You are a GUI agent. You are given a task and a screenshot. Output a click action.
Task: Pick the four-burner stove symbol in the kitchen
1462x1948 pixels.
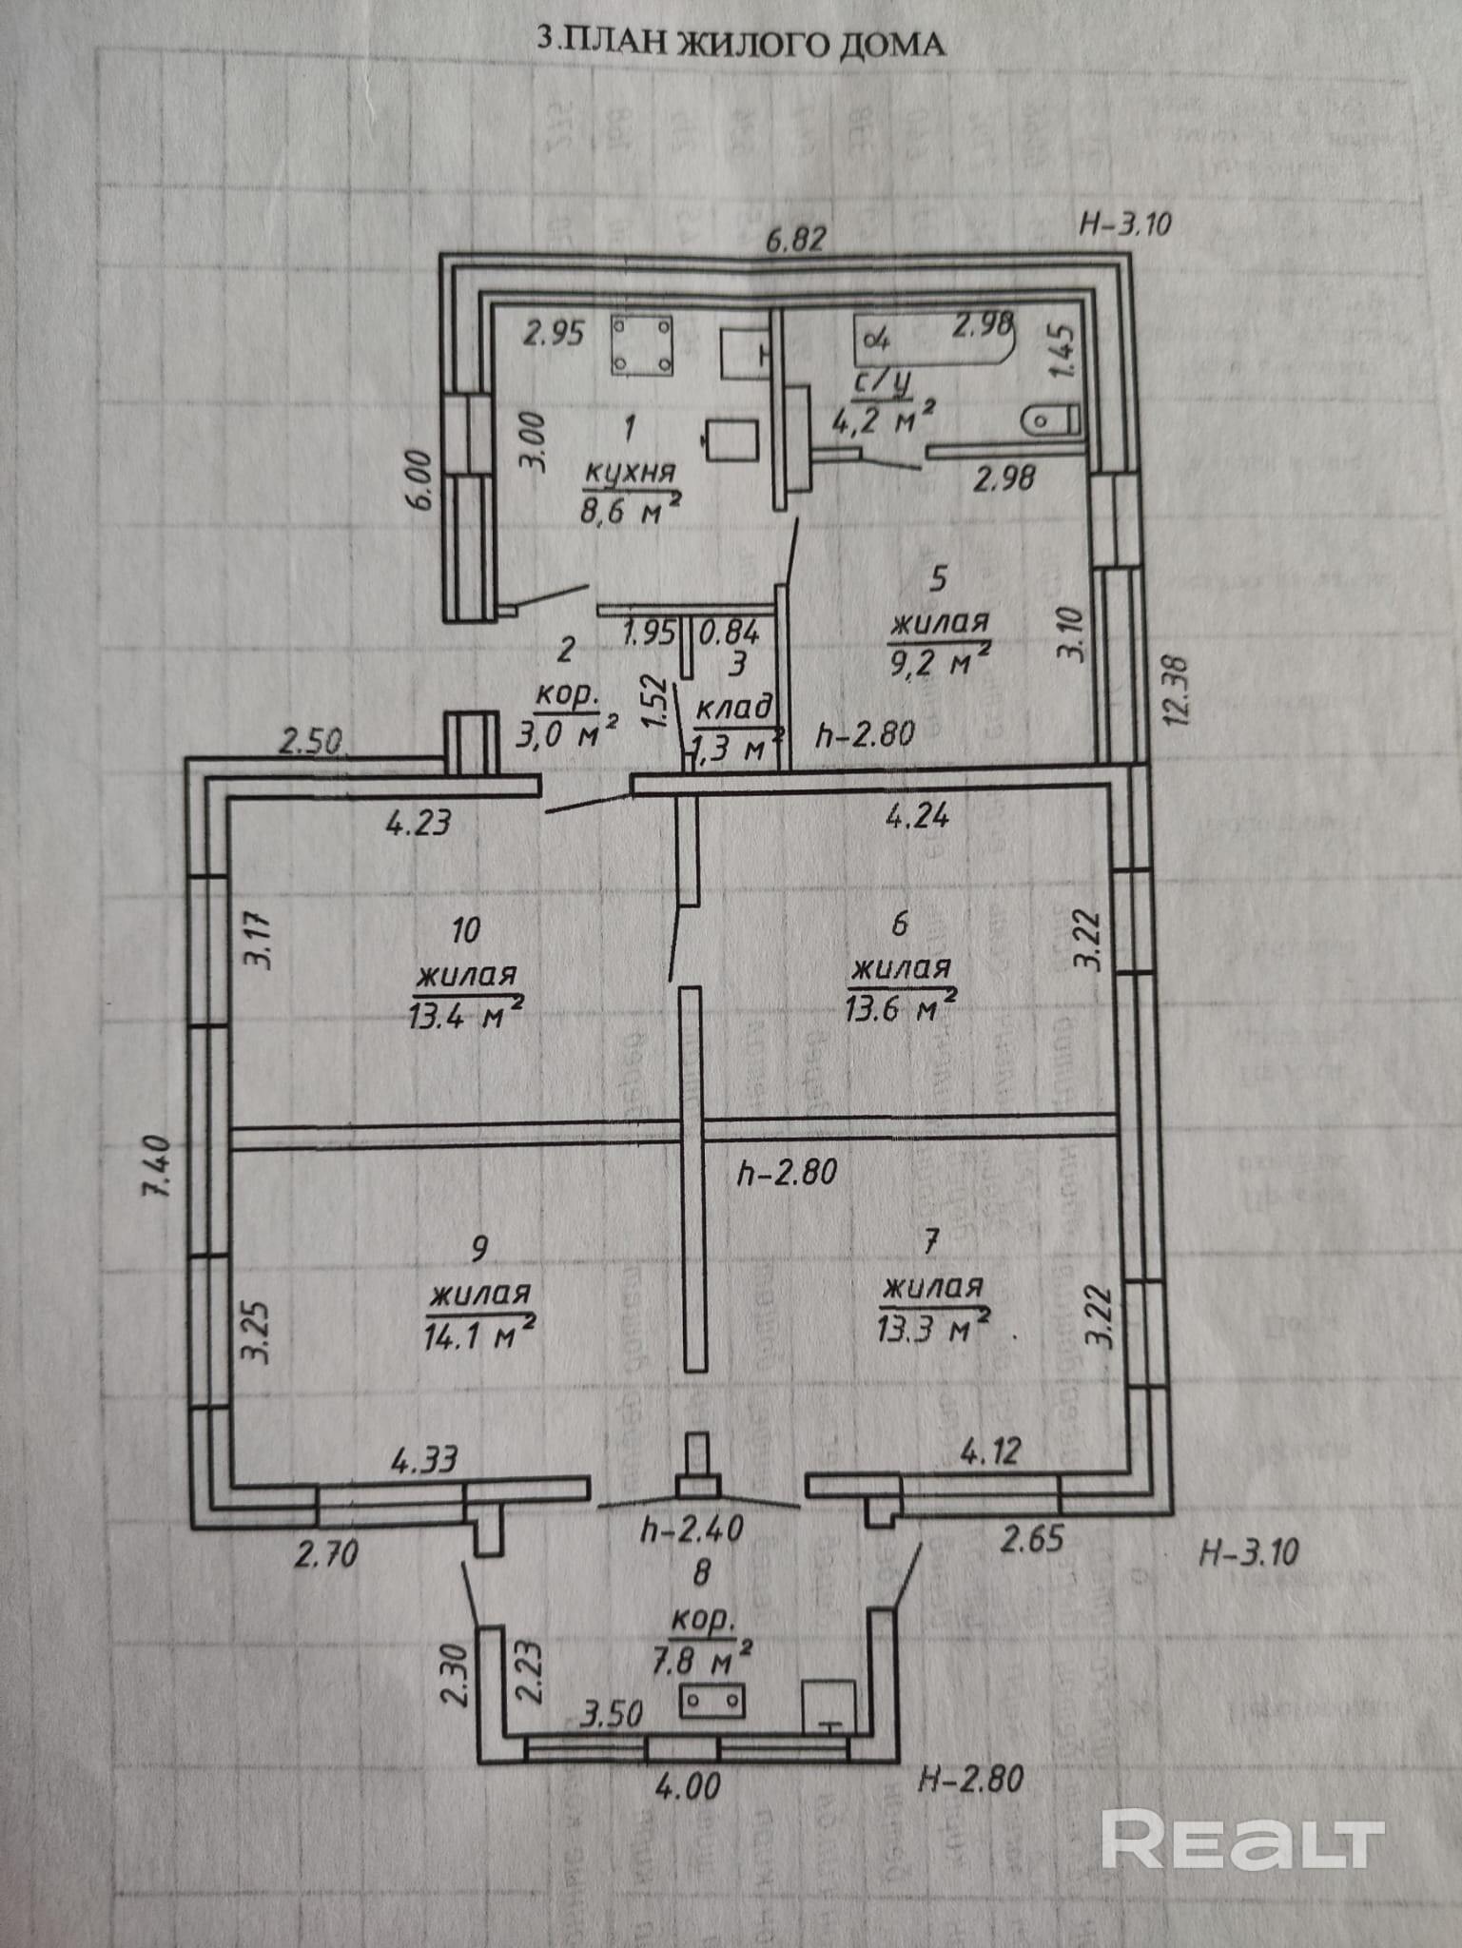[642, 345]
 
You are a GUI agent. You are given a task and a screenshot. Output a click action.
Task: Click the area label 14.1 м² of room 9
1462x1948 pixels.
[478, 1334]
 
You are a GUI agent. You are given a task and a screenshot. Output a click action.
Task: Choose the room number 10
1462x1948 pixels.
[465, 929]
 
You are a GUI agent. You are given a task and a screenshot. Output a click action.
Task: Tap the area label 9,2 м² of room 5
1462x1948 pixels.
[940, 661]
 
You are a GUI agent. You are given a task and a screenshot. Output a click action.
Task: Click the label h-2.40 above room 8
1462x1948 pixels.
[692, 1529]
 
